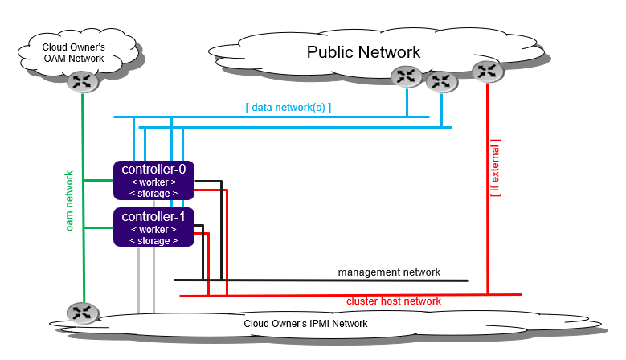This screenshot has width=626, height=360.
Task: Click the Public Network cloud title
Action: pyautogui.click(x=363, y=52)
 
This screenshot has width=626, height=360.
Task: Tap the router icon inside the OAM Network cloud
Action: pyautogui.click(x=81, y=80)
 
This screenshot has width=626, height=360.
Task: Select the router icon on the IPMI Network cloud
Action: pyautogui.click(x=81, y=313)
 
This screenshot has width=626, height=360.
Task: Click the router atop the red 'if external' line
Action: pyautogui.click(x=487, y=71)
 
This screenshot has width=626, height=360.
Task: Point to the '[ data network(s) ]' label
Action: pyautogui.click(x=288, y=107)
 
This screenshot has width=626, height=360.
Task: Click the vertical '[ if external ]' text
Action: pyautogui.click(x=495, y=168)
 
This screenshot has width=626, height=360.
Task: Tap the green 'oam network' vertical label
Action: pyautogui.click(x=70, y=201)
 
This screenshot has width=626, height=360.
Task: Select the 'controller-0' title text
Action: pyautogui.click(x=153, y=170)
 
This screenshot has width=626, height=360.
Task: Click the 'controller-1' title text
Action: pyautogui.click(x=153, y=217)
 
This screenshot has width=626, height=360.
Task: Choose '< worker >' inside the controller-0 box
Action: pyautogui.click(x=153, y=182)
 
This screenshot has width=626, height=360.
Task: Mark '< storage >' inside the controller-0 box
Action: pyautogui.click(x=153, y=194)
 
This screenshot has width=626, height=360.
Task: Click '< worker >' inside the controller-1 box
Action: pyautogui.click(x=153, y=230)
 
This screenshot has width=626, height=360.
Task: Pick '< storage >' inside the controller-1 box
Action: pyautogui.click(x=153, y=241)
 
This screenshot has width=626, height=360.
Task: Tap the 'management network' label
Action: pyautogui.click(x=389, y=272)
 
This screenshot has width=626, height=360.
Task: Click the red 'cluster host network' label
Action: pyautogui.click(x=394, y=301)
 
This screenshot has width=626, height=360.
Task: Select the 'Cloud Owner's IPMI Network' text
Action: pyautogui.click(x=305, y=324)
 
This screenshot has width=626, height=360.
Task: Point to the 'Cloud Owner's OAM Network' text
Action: pyautogui.click(x=73, y=52)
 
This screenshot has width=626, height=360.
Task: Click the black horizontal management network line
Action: pyautogui.click(x=321, y=280)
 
